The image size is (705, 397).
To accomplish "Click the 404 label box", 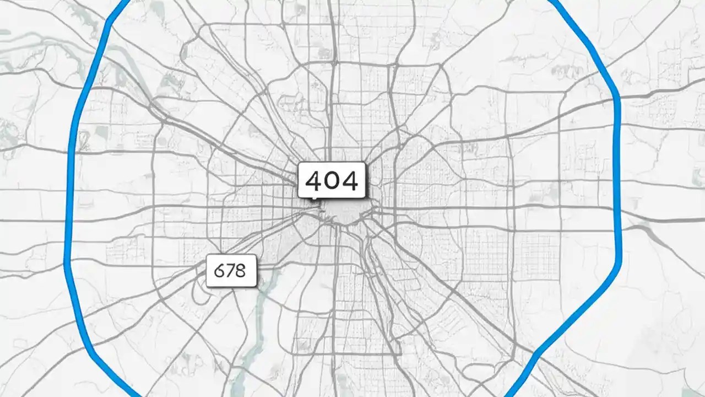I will click(x=332, y=180).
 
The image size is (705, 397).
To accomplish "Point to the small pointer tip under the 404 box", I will click(x=314, y=199).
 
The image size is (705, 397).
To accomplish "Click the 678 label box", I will click(x=231, y=271).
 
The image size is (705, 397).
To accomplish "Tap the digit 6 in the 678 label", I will click(x=219, y=271).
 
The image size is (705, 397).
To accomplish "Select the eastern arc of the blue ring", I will click(x=619, y=182).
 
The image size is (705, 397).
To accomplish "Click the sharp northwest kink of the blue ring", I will click(x=111, y=20).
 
